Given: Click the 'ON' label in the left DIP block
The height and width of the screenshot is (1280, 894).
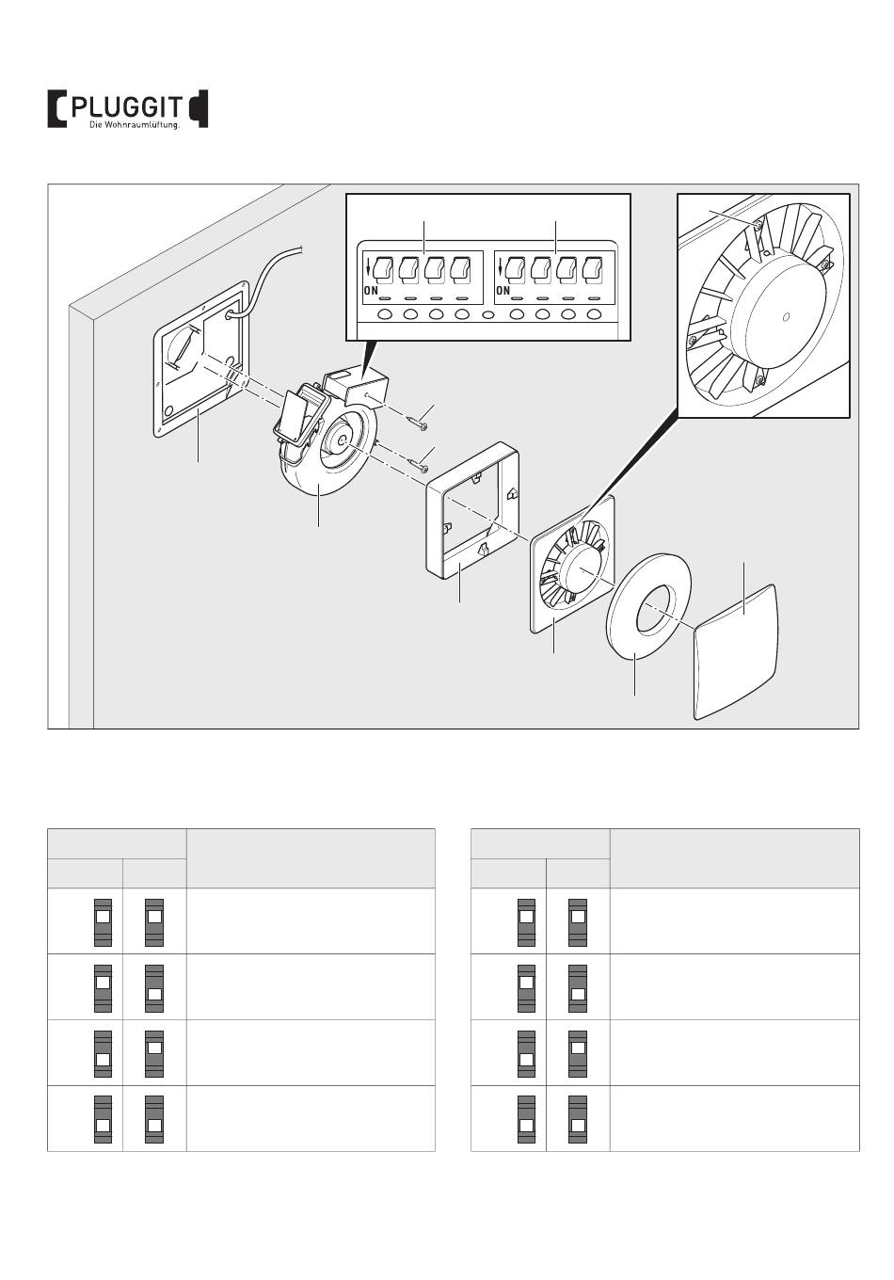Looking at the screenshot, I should coord(371,291).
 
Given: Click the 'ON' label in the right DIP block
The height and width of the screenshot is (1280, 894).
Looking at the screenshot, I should coord(503,291).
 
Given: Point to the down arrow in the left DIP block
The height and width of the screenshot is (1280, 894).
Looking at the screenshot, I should coord(367,273).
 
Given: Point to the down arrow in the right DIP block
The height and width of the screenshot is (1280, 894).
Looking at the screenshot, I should coord(499,273).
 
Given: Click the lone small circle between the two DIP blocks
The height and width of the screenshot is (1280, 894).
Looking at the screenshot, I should coord(487,314).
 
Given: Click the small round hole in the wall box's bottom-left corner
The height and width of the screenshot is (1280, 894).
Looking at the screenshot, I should coord(169,412).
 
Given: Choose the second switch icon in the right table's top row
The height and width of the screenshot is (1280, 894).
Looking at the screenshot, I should coord(578,920).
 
